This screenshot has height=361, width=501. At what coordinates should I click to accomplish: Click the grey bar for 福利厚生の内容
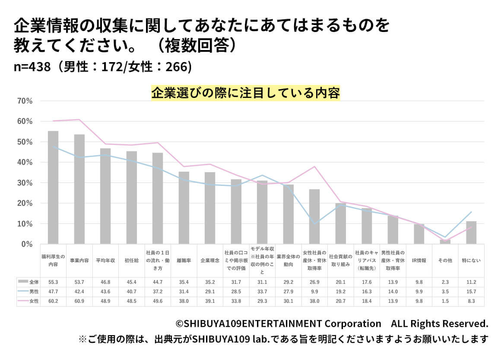53,188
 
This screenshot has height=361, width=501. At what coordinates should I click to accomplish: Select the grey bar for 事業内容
79,189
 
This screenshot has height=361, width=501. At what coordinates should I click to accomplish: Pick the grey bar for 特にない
471,233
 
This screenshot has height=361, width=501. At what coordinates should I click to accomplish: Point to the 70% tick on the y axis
24,101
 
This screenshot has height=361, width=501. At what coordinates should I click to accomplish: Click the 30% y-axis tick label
24,183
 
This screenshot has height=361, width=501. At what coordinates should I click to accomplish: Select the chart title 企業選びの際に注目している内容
245,93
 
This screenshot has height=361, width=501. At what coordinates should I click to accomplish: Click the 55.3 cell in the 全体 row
53,282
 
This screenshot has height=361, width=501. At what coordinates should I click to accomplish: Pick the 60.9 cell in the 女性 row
79,301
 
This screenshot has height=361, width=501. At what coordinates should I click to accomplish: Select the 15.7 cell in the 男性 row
471,292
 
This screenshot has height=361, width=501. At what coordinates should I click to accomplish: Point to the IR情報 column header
419,261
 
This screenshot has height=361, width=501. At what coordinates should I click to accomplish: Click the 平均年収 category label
105,261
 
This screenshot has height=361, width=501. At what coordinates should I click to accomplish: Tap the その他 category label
445,261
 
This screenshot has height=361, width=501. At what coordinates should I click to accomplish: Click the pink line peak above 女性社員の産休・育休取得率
315,166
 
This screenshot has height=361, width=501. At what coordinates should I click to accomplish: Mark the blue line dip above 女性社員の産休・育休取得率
315,224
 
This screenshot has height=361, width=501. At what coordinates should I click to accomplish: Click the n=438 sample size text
33,67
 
